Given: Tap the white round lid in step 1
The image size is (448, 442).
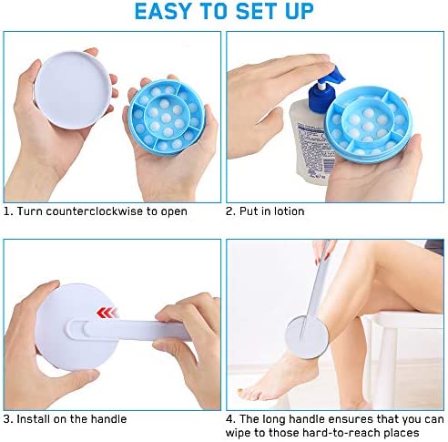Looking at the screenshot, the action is point(73,90).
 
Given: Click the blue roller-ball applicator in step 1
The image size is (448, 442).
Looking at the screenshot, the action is point(167,116).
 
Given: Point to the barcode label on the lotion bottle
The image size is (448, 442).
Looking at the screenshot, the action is point(329,163).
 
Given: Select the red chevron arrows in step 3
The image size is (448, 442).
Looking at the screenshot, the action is point(107,313).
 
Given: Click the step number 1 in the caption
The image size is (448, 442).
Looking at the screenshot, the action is point(7,211).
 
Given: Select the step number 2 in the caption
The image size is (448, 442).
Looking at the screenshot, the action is point(230,211).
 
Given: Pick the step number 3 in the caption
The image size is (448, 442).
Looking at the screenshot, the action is point(8,419).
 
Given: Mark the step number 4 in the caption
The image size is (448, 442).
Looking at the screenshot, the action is point(230,419).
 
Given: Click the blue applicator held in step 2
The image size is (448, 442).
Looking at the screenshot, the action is point(369,125).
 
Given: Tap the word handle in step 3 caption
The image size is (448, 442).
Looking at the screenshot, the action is point(108,419).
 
